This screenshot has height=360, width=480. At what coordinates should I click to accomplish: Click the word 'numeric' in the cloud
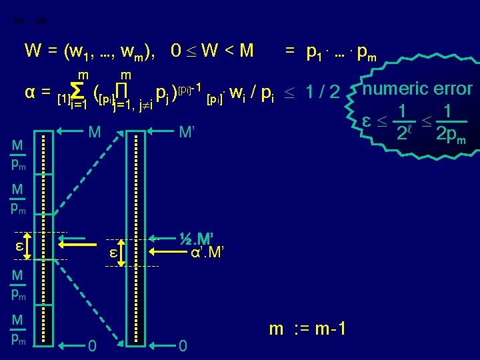point(398,89)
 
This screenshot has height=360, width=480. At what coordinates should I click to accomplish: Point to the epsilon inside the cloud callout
point(366,121)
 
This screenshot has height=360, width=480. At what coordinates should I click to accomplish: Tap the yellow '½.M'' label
point(201,239)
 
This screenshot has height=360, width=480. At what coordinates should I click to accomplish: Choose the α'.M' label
point(207,253)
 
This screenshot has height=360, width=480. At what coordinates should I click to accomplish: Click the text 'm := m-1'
point(308,329)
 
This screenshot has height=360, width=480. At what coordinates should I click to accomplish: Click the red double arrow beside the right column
point(122,253)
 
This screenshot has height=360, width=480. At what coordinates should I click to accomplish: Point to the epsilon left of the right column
point(113,253)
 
